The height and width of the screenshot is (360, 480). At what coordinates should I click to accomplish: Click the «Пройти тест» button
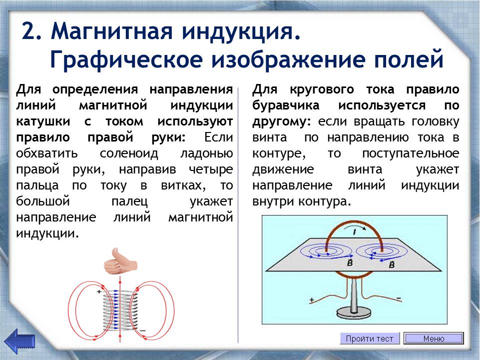pyautogui.click(x=370, y=338)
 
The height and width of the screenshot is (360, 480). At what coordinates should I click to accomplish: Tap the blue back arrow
pyautogui.click(x=19, y=340)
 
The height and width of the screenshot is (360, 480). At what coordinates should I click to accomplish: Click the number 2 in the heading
pyautogui.click(x=32, y=31)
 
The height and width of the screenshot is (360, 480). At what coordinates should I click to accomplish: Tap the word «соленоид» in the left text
pyautogui.click(x=129, y=153)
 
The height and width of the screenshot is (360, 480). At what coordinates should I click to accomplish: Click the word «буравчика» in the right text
pyautogui.click(x=286, y=105)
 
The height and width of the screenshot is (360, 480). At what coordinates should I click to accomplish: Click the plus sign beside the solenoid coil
pyautogui.click(x=99, y=291)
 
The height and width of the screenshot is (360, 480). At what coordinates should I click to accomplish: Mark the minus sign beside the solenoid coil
pyautogui.click(x=142, y=330)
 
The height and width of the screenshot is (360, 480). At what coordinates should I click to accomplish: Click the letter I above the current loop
pyautogui.click(x=355, y=232)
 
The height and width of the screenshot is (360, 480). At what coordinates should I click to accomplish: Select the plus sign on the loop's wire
pyautogui.click(x=312, y=300)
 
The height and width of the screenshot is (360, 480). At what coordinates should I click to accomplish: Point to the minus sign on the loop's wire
pyautogui.click(x=399, y=298)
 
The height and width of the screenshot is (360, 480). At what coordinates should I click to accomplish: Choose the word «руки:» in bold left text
pyautogui.click(x=169, y=137)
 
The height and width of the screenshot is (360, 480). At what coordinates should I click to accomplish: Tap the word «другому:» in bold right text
pyautogui.click(x=281, y=122)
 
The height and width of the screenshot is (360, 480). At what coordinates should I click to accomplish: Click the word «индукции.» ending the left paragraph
pyautogui.click(x=47, y=233)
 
